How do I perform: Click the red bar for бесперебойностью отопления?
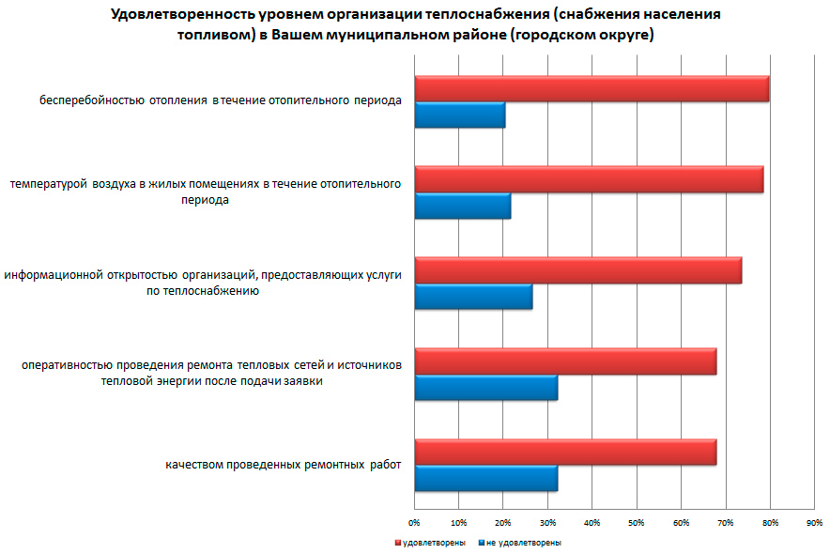(x=592, y=89)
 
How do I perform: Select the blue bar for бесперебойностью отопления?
(x=459, y=115)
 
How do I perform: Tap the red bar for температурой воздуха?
(x=589, y=179)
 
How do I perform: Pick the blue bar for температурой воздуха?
(x=462, y=206)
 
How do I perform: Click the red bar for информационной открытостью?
(x=577, y=270)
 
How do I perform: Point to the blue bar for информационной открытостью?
(x=473, y=297)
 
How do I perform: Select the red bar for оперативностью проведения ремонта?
(x=565, y=361)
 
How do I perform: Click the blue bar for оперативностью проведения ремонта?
(x=485, y=388)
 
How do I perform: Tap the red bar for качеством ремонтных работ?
(x=565, y=453)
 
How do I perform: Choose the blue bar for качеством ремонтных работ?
(x=485, y=479)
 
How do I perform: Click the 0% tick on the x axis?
(x=414, y=521)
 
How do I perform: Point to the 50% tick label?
(x=636, y=521)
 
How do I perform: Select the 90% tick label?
(x=814, y=521)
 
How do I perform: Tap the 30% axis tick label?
(x=547, y=521)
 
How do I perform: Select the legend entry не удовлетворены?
(x=524, y=543)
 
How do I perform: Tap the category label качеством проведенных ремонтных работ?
(x=283, y=465)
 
